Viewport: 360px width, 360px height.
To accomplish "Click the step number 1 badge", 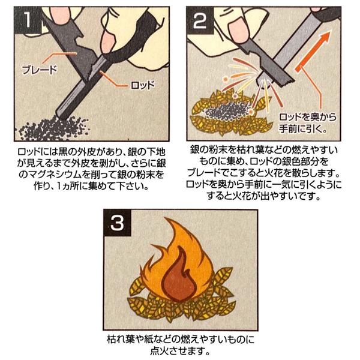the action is click(x=28, y=20).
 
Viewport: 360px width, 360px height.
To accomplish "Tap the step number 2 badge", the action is click(x=200, y=20).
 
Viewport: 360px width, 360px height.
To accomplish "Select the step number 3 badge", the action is click(x=118, y=223).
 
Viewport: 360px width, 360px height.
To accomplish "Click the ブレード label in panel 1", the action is click(x=39, y=70).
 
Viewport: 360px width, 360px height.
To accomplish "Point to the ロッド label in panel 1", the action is click(x=143, y=86).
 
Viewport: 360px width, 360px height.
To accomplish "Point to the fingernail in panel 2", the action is click(x=239, y=29).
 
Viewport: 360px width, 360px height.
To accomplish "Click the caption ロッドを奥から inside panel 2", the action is click(x=308, y=118).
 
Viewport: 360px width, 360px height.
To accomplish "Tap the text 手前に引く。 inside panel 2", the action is click(x=303, y=129).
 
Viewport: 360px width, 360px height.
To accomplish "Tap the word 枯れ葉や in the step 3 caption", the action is click(x=125, y=340).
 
